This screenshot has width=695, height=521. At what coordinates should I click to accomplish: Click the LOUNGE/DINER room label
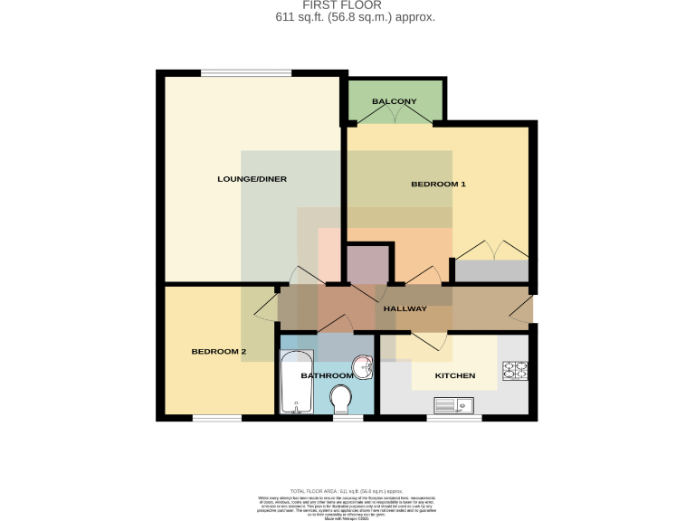tap(252, 179)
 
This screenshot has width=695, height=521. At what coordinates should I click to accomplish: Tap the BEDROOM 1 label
tap(438, 185)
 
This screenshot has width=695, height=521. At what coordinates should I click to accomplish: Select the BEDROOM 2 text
tap(218, 351)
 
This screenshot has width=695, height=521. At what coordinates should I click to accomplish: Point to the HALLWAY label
tap(405, 309)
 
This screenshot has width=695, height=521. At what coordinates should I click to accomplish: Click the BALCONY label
tap(394, 101)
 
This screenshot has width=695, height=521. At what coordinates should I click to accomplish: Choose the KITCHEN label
tap(454, 375)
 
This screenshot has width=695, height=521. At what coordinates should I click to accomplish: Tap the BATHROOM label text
tap(327, 375)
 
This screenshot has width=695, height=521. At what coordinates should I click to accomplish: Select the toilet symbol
tap(342, 398)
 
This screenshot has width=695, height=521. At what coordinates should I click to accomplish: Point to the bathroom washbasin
tap(363, 367)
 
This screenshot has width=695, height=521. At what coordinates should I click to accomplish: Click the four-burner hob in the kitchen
tap(515, 369)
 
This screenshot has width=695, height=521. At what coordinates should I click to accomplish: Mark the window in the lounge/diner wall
tap(246, 73)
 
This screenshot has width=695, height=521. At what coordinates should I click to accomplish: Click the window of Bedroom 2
tap(217, 417)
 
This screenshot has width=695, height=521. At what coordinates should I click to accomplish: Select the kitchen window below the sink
tap(453, 417)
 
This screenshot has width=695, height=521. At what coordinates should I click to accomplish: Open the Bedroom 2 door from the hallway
tap(266, 308)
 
